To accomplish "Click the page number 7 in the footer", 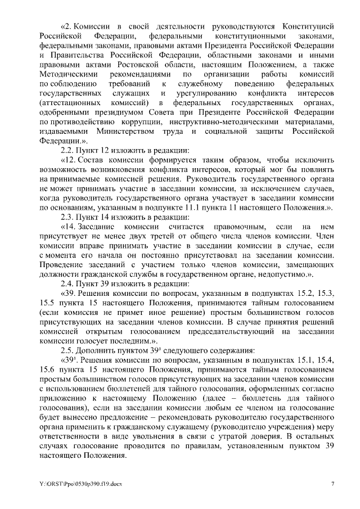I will (332, 484).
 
